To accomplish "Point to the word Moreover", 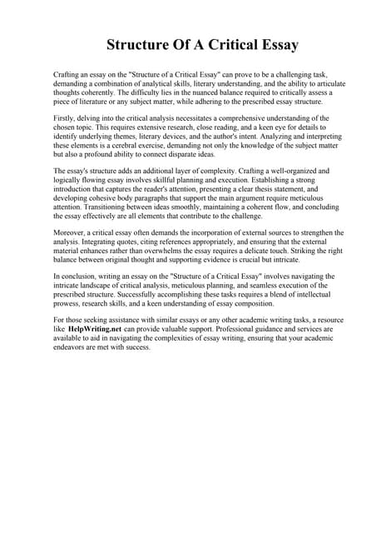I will pos(72,232).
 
